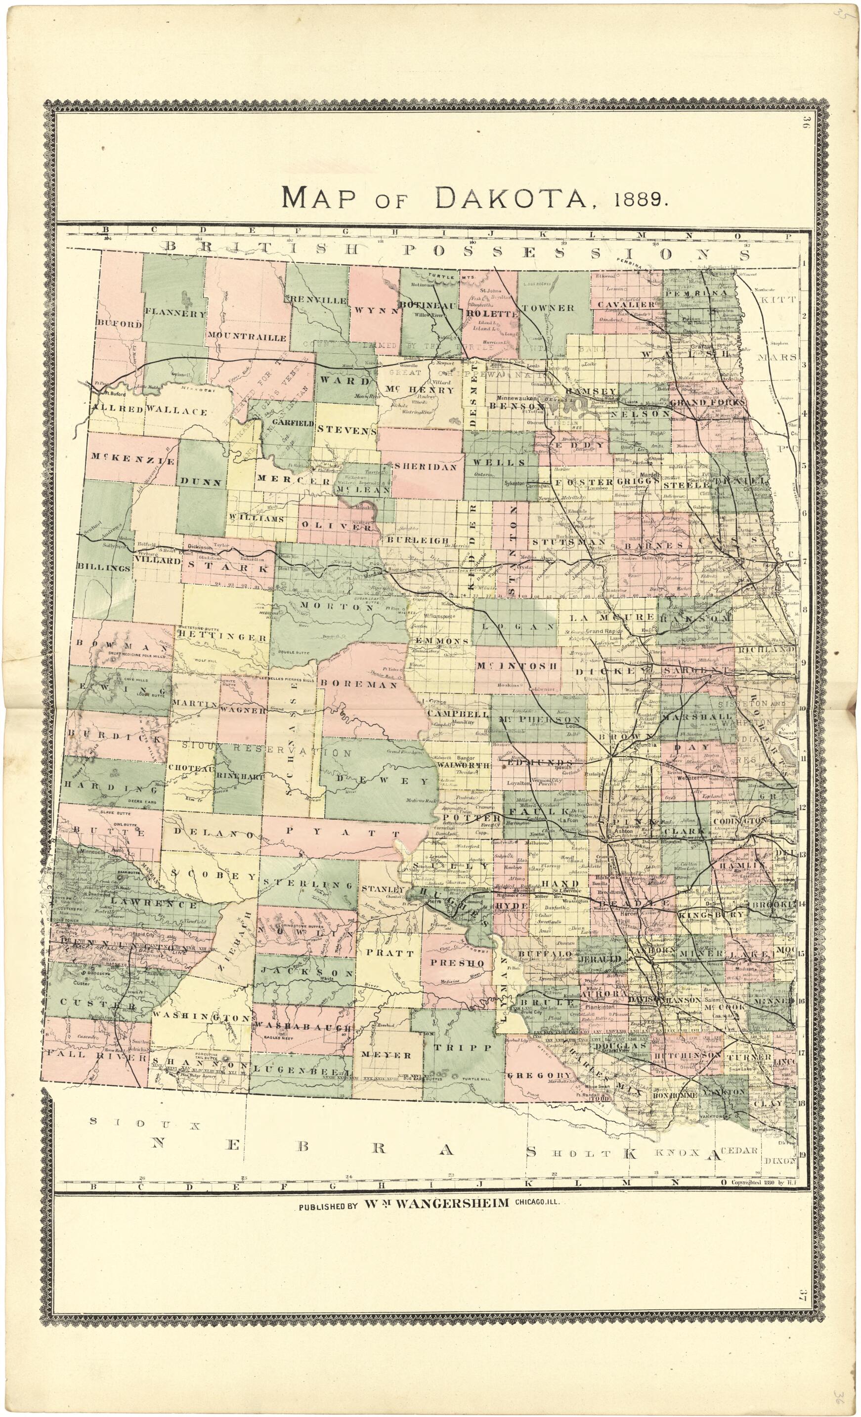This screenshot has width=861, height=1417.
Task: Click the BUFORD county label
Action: (x=119, y=324)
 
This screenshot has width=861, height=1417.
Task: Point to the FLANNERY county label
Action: (x=175, y=313)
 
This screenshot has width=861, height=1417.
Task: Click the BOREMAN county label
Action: (x=359, y=684)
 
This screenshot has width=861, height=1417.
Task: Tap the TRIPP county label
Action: (x=454, y=1047)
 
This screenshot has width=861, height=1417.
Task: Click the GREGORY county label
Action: (x=539, y=1075)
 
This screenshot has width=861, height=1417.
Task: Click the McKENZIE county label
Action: (x=132, y=460)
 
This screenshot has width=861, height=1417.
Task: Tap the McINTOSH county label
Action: (x=517, y=666)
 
